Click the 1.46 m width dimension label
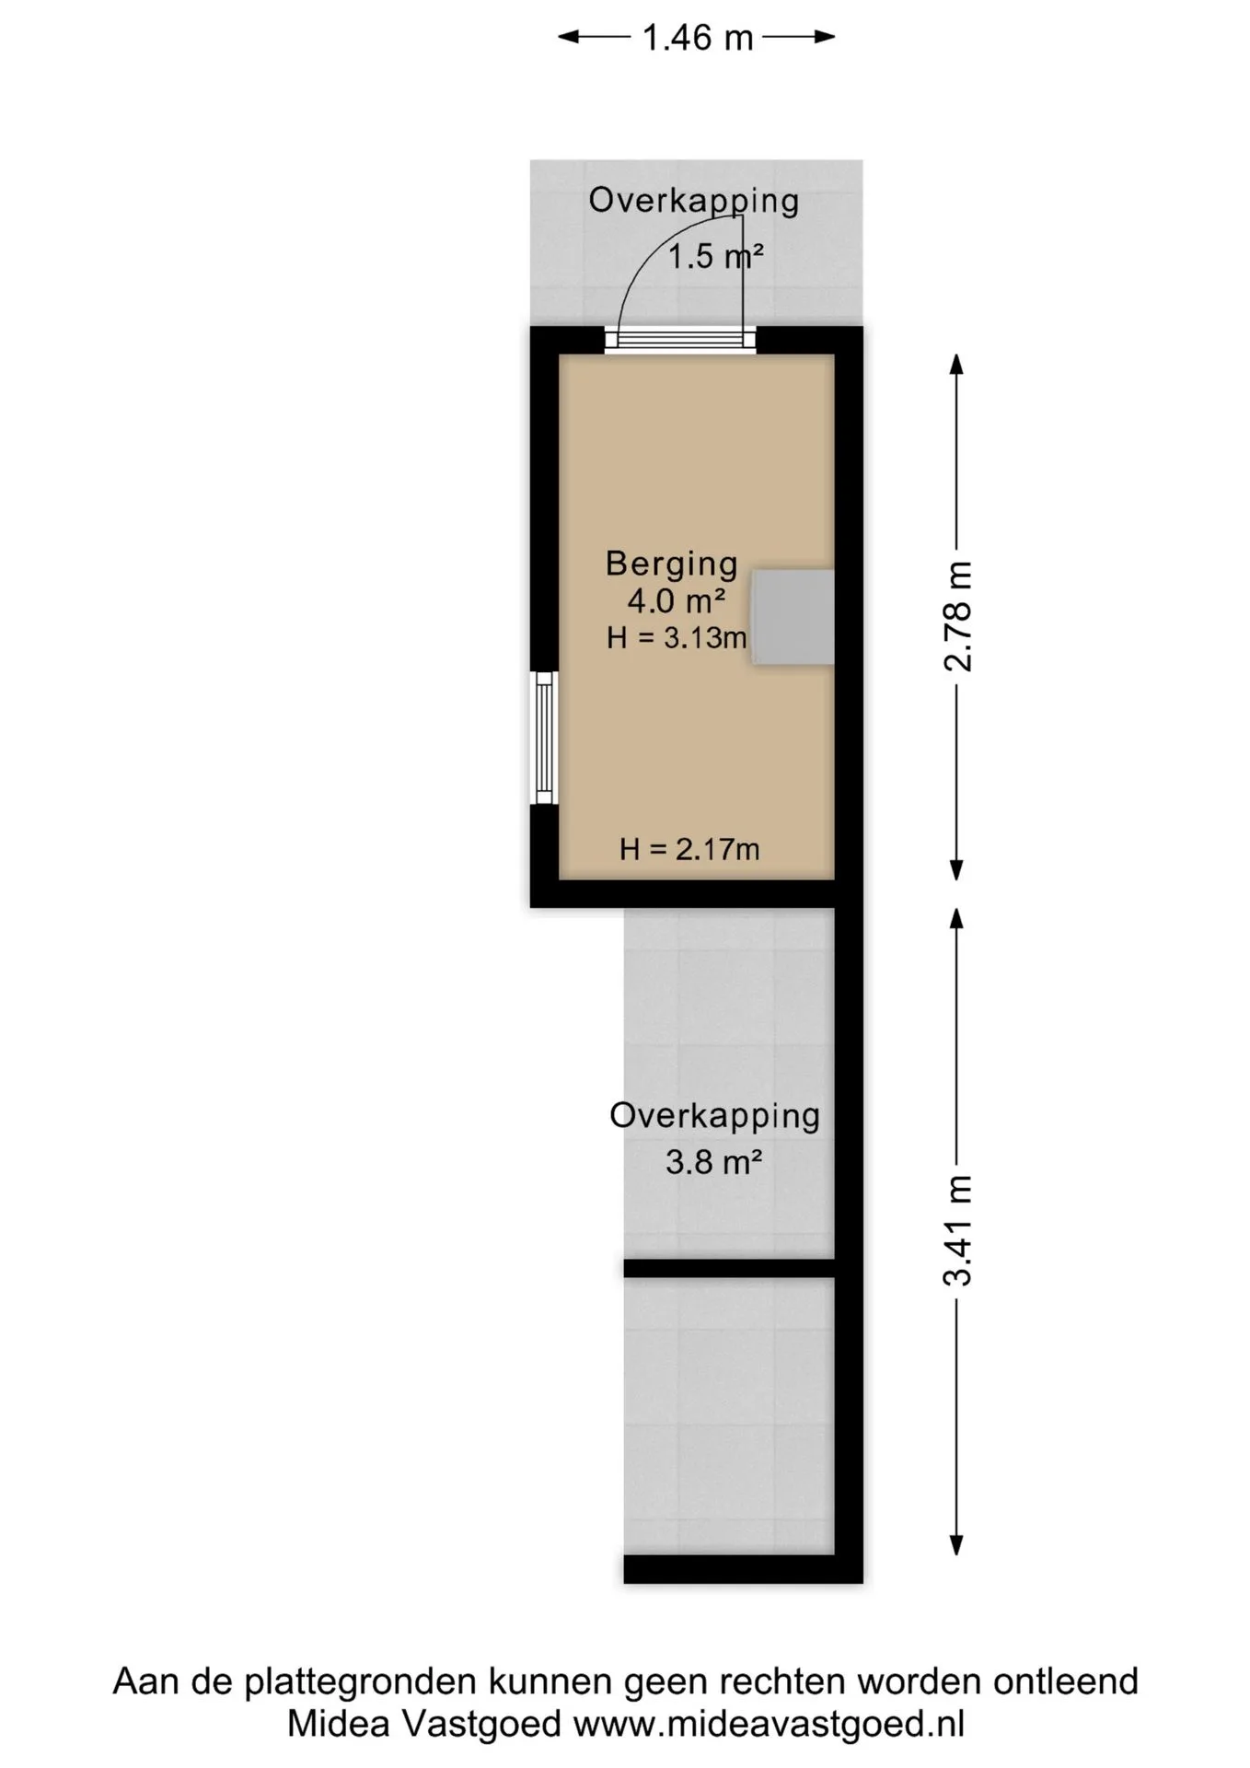pyautogui.click(x=697, y=38)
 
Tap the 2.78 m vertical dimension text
pyautogui.click(x=958, y=616)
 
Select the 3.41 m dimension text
pyautogui.click(x=958, y=1231)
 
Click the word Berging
pyautogui.click(x=671, y=564)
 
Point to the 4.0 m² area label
pyautogui.click(x=677, y=601)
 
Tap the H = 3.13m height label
pyautogui.click(x=677, y=637)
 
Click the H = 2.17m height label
pyautogui.click(x=689, y=849)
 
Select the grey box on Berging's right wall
pyautogui.click(x=793, y=617)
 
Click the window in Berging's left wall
pyautogui.click(x=545, y=738)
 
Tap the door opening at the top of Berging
pyautogui.click(x=680, y=340)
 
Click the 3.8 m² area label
pyautogui.click(x=713, y=1163)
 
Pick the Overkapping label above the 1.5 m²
pyautogui.click(x=693, y=202)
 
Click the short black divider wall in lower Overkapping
pyautogui.click(x=729, y=1269)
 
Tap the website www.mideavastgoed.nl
pyautogui.click(x=769, y=1724)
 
